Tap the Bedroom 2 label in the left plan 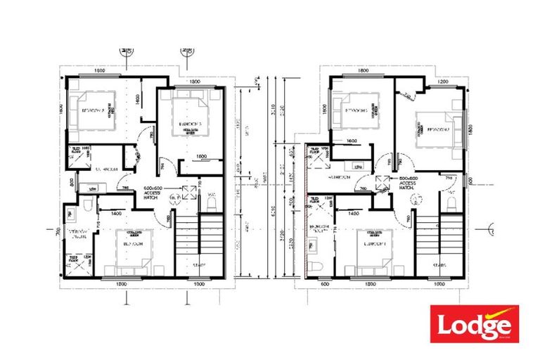[x=94, y=111]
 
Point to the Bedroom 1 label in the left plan [x=134, y=243]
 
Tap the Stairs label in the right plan [x=439, y=265]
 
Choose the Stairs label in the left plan [x=199, y=265]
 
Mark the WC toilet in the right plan [x=451, y=205]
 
